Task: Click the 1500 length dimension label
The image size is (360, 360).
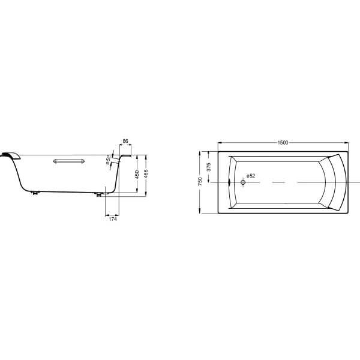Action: tap(283, 143)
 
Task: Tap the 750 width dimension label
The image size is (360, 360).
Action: tap(200, 181)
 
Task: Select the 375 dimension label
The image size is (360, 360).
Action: tap(208, 167)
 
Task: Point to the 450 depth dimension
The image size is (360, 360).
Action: tap(137, 175)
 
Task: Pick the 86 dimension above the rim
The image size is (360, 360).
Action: tap(125, 141)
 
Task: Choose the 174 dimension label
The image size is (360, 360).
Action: tap(113, 219)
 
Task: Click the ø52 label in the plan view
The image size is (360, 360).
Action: tap(251, 176)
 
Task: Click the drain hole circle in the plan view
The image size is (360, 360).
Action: tap(243, 182)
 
